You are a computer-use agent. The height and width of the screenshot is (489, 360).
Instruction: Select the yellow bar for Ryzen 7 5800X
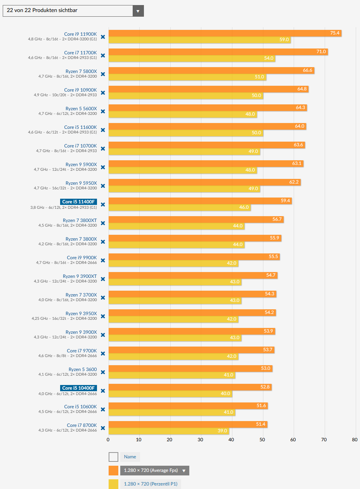pos(187,77)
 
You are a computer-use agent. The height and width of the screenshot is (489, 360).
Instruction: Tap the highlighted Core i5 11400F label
pos(78,202)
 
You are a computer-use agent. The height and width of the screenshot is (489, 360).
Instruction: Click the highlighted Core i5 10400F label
pos(78,388)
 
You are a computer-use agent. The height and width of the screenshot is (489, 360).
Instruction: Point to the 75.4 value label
pos(335,33)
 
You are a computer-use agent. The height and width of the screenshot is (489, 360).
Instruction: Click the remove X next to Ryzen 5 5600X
pos(103,111)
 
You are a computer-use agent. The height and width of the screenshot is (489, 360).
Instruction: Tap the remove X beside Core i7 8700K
pos(103,428)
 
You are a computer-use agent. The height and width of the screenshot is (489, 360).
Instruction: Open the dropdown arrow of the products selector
pos(138,11)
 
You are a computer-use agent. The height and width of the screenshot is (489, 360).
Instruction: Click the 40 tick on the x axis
pos(231,440)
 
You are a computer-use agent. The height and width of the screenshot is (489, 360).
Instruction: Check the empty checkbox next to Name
pos(113,457)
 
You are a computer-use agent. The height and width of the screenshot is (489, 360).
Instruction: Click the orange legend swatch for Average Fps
pos(113,471)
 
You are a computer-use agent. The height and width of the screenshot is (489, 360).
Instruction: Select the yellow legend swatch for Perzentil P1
pos(113,484)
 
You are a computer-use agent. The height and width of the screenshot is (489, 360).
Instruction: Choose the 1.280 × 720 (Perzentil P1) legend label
pos(151,484)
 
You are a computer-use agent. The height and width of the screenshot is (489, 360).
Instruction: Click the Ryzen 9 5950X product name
pos(81,183)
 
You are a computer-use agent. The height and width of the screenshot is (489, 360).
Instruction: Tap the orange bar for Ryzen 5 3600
pos(190,368)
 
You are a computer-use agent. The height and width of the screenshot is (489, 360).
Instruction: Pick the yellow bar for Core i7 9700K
pos(173,356)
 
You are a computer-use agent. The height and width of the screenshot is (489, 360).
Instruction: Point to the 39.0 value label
pos(222,431)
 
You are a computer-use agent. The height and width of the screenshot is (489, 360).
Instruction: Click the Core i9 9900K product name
pos(82,258)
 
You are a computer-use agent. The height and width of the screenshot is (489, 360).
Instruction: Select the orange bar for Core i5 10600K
pos(188,406)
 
